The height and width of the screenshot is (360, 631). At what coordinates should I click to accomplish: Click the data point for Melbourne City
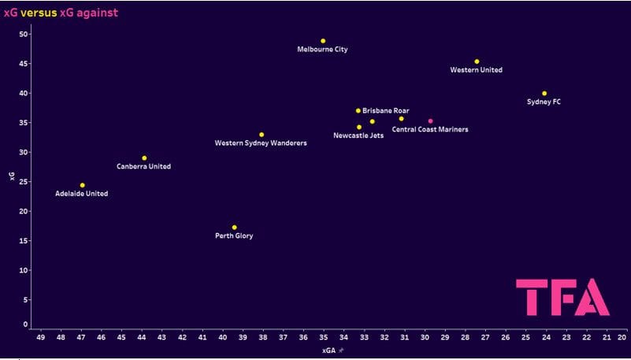coord(323,41)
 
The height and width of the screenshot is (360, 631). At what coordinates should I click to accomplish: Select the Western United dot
coord(477,61)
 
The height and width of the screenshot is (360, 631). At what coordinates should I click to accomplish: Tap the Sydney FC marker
coord(544,93)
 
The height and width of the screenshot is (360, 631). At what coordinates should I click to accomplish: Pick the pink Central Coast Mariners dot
coord(430,121)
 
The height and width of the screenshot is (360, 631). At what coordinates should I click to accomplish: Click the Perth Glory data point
coord(234,228)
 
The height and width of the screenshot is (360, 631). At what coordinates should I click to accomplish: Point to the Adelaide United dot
coord(82,185)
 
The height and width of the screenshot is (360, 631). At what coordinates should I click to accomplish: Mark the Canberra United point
coord(144,158)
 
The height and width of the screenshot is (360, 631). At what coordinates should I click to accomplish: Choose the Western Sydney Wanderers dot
coord(262,135)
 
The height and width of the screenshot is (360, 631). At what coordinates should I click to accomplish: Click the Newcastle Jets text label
coord(358,135)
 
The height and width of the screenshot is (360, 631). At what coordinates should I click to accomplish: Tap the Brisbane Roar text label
coord(385,111)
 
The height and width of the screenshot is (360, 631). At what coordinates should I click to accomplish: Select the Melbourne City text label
coord(322,50)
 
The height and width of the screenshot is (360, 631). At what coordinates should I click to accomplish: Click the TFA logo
coord(562,297)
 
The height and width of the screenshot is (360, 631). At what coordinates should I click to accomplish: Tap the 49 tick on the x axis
coord(40,337)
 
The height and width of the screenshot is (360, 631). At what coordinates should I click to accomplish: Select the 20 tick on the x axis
coord(622,337)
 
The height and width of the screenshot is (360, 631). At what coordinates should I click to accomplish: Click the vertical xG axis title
coord(11,176)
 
